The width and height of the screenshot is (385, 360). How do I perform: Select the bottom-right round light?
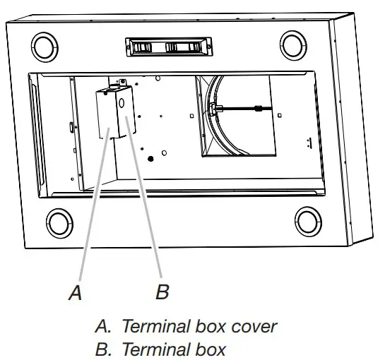309,221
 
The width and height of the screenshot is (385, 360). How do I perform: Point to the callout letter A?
76,292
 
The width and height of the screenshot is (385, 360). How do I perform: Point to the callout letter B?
162,292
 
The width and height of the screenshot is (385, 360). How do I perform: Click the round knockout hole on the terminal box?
121,102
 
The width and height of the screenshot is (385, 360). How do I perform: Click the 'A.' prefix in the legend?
102,326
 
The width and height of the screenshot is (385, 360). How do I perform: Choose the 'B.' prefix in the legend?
102,349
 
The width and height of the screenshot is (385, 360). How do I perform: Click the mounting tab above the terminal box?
121,83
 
